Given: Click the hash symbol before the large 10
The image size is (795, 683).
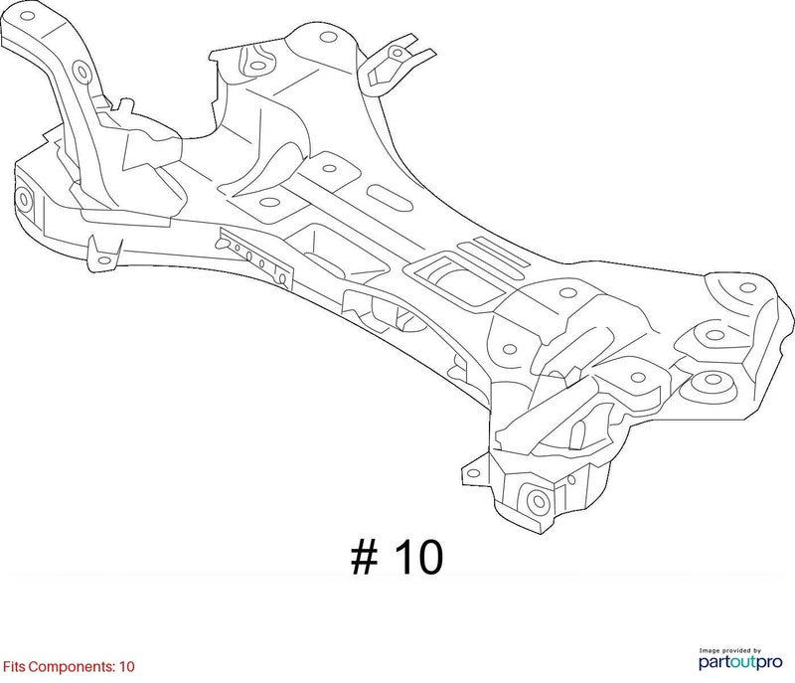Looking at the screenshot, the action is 365,558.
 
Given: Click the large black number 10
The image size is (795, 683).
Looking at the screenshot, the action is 418,558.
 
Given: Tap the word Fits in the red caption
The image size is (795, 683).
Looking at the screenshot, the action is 14,666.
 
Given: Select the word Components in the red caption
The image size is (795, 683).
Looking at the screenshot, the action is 72,667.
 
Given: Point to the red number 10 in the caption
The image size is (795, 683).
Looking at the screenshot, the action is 127,666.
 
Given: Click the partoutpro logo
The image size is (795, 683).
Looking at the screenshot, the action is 740,662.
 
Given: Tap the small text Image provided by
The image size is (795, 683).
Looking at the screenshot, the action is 730,650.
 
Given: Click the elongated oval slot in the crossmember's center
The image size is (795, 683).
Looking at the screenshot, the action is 390,199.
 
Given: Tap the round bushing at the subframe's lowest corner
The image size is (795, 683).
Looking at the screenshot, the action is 539,501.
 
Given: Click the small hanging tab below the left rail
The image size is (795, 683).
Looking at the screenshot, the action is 104,255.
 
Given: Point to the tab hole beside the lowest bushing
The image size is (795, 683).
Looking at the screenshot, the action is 473,473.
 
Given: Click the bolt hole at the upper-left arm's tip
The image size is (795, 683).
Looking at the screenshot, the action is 28,16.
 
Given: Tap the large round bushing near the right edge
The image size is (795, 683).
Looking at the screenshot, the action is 713,379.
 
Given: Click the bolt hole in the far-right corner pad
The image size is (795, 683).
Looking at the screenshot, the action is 748,288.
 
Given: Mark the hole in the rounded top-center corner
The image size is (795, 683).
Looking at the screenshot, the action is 329,37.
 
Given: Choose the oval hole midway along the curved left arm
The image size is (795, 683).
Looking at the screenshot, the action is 81,71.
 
